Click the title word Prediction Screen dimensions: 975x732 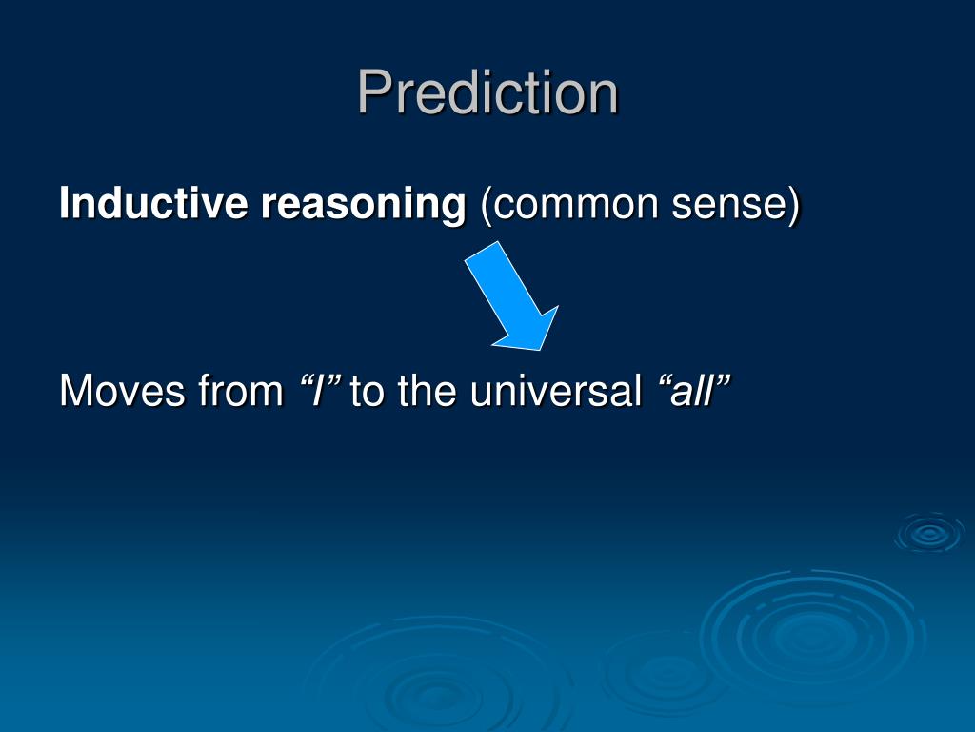pos(488,92)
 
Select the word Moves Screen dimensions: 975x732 pos(123,391)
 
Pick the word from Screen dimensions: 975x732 pos(241,390)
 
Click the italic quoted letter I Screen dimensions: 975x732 pos(318,391)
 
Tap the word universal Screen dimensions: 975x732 pos(556,390)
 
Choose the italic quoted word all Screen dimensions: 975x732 pos(691,390)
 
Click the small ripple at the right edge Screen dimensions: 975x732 pos(930,534)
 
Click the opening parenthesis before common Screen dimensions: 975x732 pos(487,206)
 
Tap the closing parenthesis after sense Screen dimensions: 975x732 pos(793,206)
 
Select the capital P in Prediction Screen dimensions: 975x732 pos(375,92)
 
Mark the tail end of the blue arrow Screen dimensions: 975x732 pos(482,252)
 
